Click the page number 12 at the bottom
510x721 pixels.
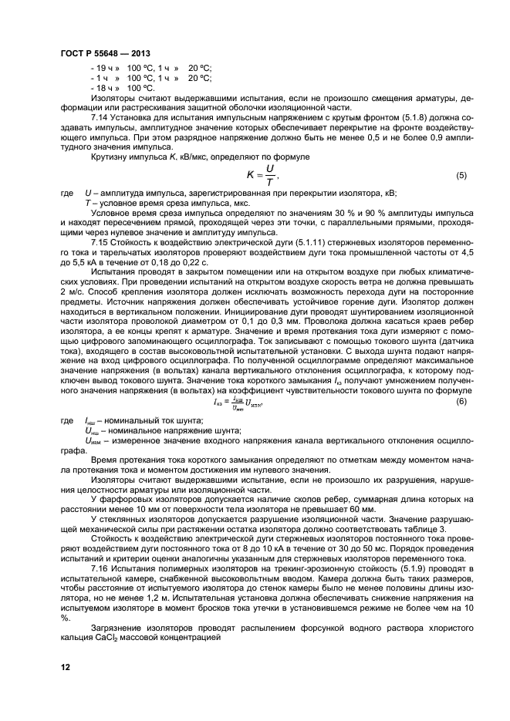click(65, 667)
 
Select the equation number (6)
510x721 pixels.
click(461, 401)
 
